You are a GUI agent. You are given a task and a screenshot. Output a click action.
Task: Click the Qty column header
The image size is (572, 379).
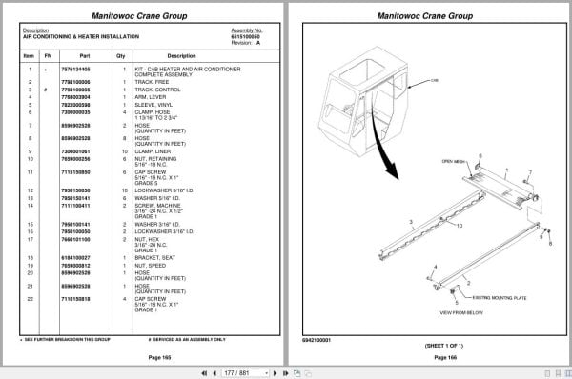120,55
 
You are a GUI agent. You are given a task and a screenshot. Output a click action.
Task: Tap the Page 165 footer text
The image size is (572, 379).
139,356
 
